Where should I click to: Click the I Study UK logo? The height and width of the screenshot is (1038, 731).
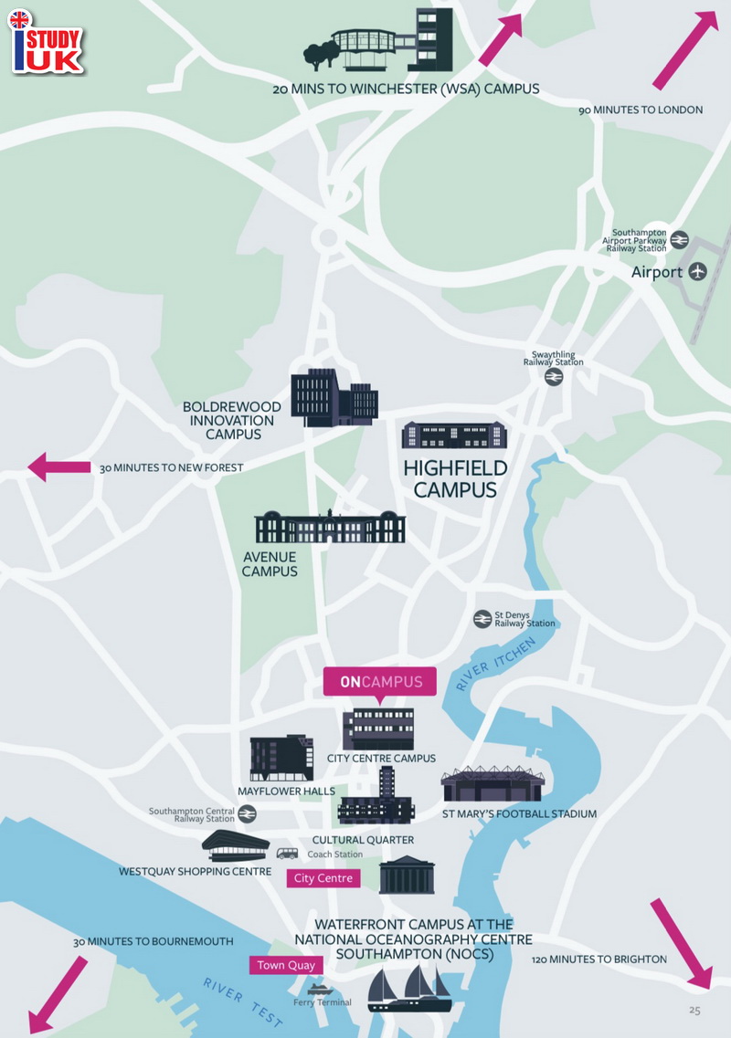tap(45, 41)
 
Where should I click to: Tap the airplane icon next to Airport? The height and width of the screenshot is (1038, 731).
tap(698, 271)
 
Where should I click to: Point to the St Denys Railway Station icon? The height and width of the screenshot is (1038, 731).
tap(482, 619)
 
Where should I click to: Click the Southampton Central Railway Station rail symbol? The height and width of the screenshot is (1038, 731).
tap(247, 814)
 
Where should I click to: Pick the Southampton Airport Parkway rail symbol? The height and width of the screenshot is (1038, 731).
tap(679, 240)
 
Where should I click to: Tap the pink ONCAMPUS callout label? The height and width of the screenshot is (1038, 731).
tap(380, 682)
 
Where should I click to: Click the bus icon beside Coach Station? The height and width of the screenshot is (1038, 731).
tap(287, 854)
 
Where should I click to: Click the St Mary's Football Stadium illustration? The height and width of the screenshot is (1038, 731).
tap(493, 784)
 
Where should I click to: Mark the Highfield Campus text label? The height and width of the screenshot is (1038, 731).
tap(455, 479)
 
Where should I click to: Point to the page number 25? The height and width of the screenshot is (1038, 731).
tap(694, 1010)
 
